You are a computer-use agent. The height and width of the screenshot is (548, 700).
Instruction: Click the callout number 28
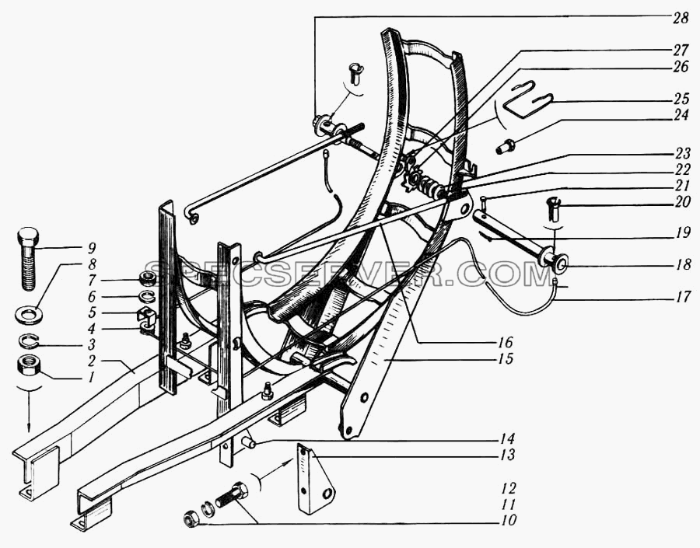point(680,19)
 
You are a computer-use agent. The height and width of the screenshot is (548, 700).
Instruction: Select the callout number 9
point(93,248)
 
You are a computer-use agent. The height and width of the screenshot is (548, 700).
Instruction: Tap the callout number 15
point(505,358)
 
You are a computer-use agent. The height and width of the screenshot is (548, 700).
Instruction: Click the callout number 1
point(91,378)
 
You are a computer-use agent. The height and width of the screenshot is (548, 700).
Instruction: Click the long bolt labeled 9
point(29,259)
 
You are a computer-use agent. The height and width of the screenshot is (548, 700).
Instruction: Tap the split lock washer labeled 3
point(29,340)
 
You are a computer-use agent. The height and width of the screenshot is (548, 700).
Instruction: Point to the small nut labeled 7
point(147,279)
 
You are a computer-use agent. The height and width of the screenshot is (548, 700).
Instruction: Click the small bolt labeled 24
point(506,146)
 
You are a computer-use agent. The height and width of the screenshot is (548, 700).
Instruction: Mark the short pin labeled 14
point(249,443)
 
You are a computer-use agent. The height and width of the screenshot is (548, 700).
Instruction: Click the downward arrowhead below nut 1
point(29,428)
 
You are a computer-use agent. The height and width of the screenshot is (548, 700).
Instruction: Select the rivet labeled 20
point(553,208)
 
